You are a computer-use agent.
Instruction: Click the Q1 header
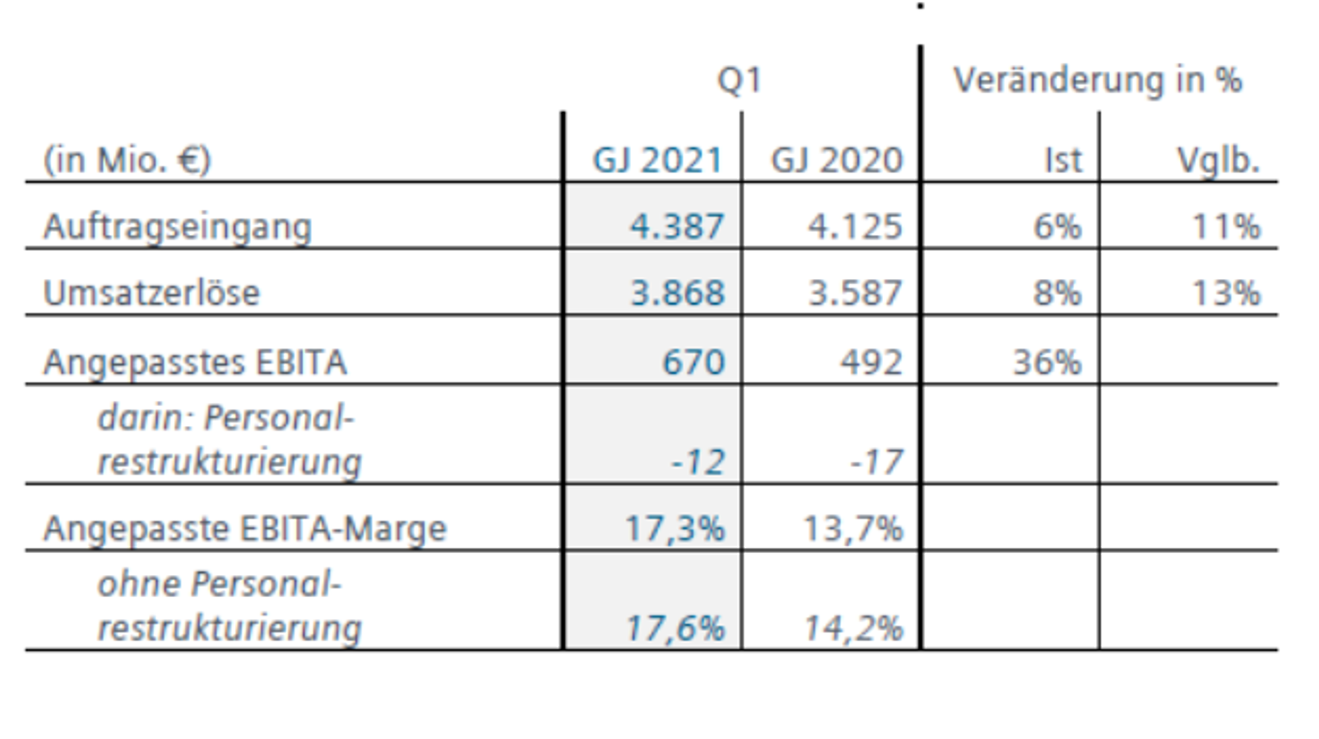click(739, 80)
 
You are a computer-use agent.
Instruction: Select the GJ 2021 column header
click(658, 160)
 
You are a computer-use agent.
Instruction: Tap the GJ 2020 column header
click(836, 160)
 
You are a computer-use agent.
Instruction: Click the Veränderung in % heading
click(1097, 80)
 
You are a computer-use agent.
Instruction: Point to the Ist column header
click(1063, 160)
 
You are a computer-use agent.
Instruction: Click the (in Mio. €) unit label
click(127, 161)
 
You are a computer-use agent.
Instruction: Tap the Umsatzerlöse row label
click(152, 293)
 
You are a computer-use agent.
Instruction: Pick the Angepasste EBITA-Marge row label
click(245, 529)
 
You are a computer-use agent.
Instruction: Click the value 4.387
click(677, 227)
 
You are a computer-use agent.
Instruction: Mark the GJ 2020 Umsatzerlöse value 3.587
click(855, 293)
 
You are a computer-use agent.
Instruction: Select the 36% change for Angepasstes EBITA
click(1047, 363)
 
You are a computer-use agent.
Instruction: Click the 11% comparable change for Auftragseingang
click(1226, 227)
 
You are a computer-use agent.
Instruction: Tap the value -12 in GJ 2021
click(698, 461)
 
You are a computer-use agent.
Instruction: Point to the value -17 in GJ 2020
click(876, 461)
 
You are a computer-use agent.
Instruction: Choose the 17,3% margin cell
click(675, 529)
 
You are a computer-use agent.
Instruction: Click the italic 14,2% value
click(853, 628)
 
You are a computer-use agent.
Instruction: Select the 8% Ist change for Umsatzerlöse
click(1057, 293)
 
